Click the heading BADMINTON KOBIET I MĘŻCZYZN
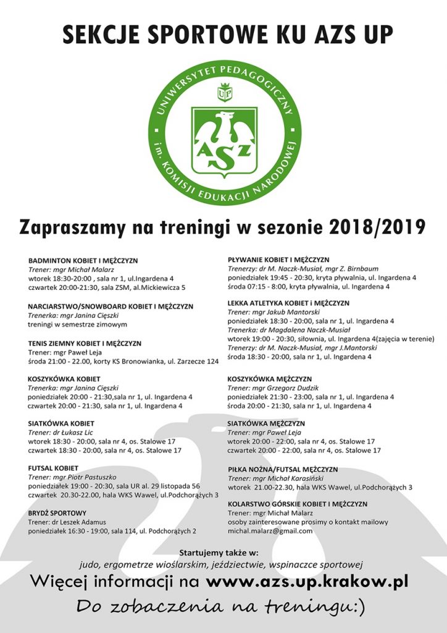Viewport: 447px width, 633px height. [x=83, y=261]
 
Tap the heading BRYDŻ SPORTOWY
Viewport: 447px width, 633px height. [x=57, y=513]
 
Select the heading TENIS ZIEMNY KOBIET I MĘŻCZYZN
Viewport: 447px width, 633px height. [x=85, y=343]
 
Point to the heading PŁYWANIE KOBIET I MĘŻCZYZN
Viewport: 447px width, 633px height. [x=278, y=260]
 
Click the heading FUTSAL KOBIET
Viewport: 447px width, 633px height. [x=53, y=469]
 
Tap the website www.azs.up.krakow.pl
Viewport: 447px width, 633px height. [x=307, y=582]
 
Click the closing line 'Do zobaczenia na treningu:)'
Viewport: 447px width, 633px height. [x=220, y=607]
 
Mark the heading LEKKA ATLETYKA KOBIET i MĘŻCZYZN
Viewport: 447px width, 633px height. [x=288, y=304]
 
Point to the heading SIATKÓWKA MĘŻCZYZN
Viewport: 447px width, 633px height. [x=266, y=423]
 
